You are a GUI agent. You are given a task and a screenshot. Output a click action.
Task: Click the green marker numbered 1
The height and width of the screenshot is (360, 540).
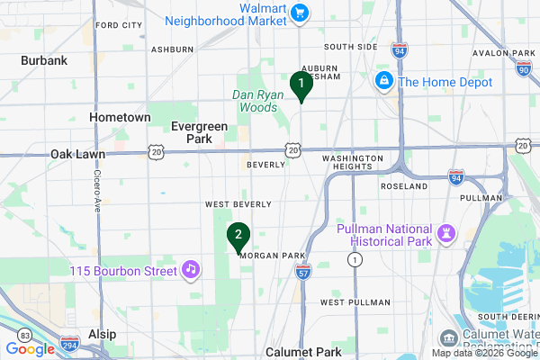point(301,85)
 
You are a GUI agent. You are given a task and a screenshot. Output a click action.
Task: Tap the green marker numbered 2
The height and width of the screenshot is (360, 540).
point(238,237)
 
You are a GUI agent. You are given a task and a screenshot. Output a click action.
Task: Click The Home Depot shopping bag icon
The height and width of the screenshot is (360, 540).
point(384,82)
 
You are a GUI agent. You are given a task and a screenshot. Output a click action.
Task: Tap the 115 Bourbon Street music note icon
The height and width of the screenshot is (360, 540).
point(190,268)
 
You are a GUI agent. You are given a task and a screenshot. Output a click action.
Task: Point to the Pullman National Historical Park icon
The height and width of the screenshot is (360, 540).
point(445,233)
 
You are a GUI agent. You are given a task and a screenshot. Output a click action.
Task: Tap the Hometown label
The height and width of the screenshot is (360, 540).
point(120,117)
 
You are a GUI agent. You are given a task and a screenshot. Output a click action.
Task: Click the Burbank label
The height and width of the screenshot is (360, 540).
point(45,60)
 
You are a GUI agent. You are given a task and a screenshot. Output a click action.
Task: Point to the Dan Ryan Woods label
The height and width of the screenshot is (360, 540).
point(256,101)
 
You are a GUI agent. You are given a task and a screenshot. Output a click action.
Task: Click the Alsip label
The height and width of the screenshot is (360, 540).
point(102,334)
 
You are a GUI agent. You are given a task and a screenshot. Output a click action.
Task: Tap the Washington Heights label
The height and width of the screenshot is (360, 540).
point(353,163)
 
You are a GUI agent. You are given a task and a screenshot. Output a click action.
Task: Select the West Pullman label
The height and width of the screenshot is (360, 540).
point(346,302)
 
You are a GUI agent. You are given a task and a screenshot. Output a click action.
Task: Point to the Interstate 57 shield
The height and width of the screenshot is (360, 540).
point(303,270)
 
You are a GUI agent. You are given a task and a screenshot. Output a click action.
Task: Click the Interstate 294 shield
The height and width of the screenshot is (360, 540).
point(70,345)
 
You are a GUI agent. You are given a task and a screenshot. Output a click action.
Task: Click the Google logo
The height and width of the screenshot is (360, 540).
point(30,349)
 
